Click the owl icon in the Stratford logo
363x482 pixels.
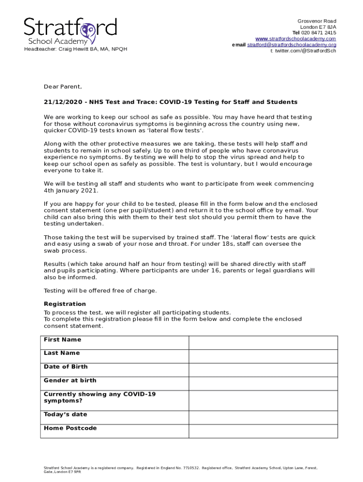[87, 31]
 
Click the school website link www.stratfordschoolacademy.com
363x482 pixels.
[296, 39]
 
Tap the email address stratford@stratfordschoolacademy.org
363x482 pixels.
[292, 45]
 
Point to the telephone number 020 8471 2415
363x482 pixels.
[319, 33]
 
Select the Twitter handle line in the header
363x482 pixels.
[303, 51]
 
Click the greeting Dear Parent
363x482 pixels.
[63, 87]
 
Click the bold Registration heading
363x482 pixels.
[65, 304]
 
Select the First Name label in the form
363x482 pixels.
[62, 340]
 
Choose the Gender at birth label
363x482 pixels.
[70, 380]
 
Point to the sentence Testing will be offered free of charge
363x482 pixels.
[100, 291]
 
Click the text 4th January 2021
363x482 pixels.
[71, 191]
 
